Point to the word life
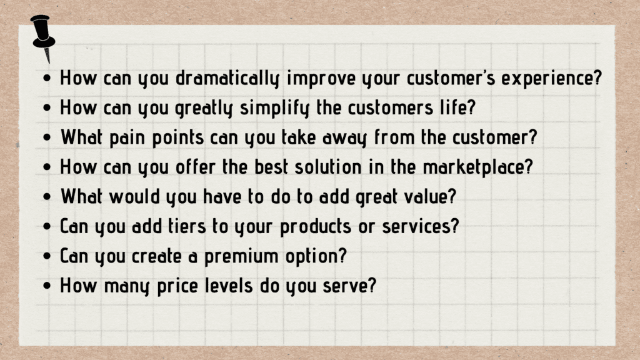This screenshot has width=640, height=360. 457,107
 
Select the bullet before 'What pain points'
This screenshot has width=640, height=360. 49,138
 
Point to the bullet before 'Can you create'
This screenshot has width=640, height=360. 49,256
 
